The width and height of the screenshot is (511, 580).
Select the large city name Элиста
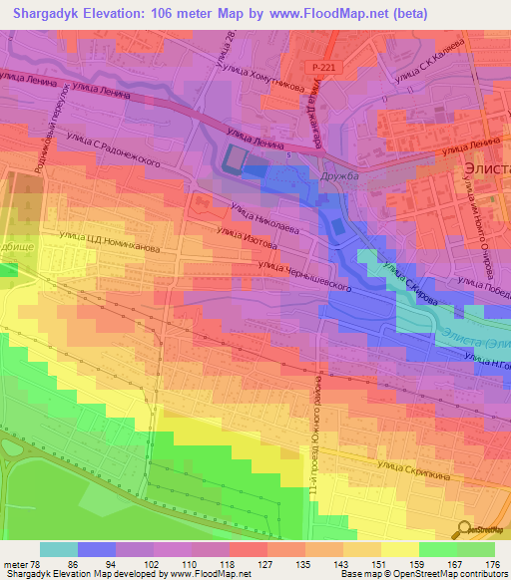point(486,169)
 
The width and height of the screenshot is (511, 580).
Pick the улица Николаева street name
point(264,218)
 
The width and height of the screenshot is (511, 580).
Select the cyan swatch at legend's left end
point(59,549)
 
